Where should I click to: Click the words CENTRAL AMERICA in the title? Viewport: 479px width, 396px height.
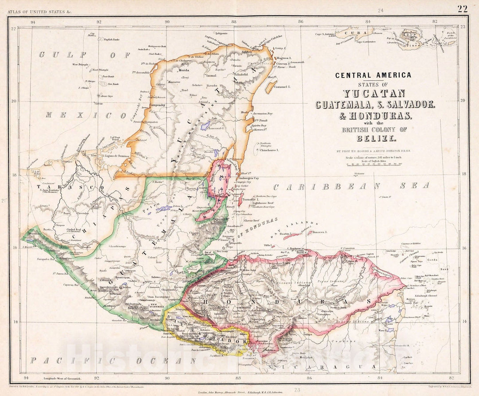pyautogui.click(x=373, y=75)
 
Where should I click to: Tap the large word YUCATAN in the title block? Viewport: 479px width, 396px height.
pyautogui.click(x=373, y=94)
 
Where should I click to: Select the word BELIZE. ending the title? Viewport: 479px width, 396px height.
pyautogui.click(x=373, y=139)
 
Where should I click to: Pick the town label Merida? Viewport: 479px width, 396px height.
pyautogui.click(x=184, y=71)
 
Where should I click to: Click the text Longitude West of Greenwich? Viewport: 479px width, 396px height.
pyautogui.click(x=65, y=378)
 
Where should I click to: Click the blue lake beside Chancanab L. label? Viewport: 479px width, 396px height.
pyautogui.click(x=204, y=126)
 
